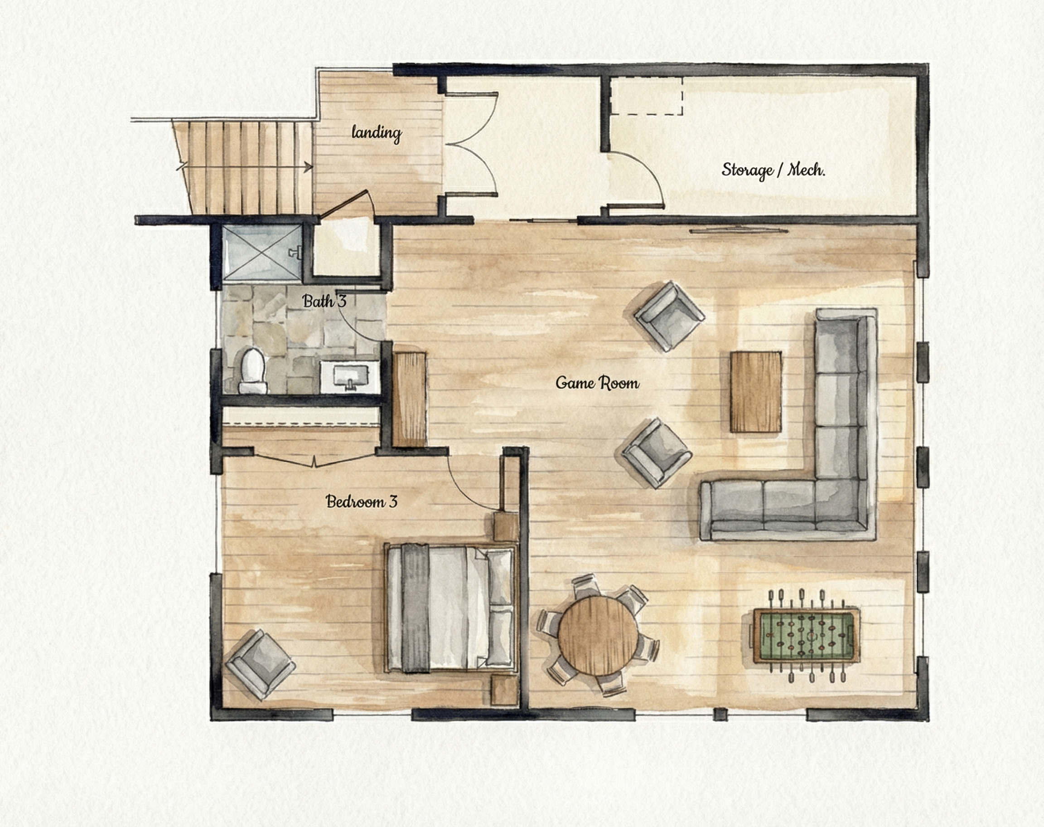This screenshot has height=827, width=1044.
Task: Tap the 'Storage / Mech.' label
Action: point(773,170)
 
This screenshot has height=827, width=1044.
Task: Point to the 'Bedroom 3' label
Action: point(362,501)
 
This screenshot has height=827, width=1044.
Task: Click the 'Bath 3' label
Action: point(324,301)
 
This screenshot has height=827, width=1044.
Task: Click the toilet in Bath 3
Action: point(252,371)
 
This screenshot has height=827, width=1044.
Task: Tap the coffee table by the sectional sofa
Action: point(756,392)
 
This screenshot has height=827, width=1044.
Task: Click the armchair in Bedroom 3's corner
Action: point(260,664)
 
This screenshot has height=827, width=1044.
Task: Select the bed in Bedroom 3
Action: point(450,608)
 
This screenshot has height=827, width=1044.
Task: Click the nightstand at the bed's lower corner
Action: point(504,691)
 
